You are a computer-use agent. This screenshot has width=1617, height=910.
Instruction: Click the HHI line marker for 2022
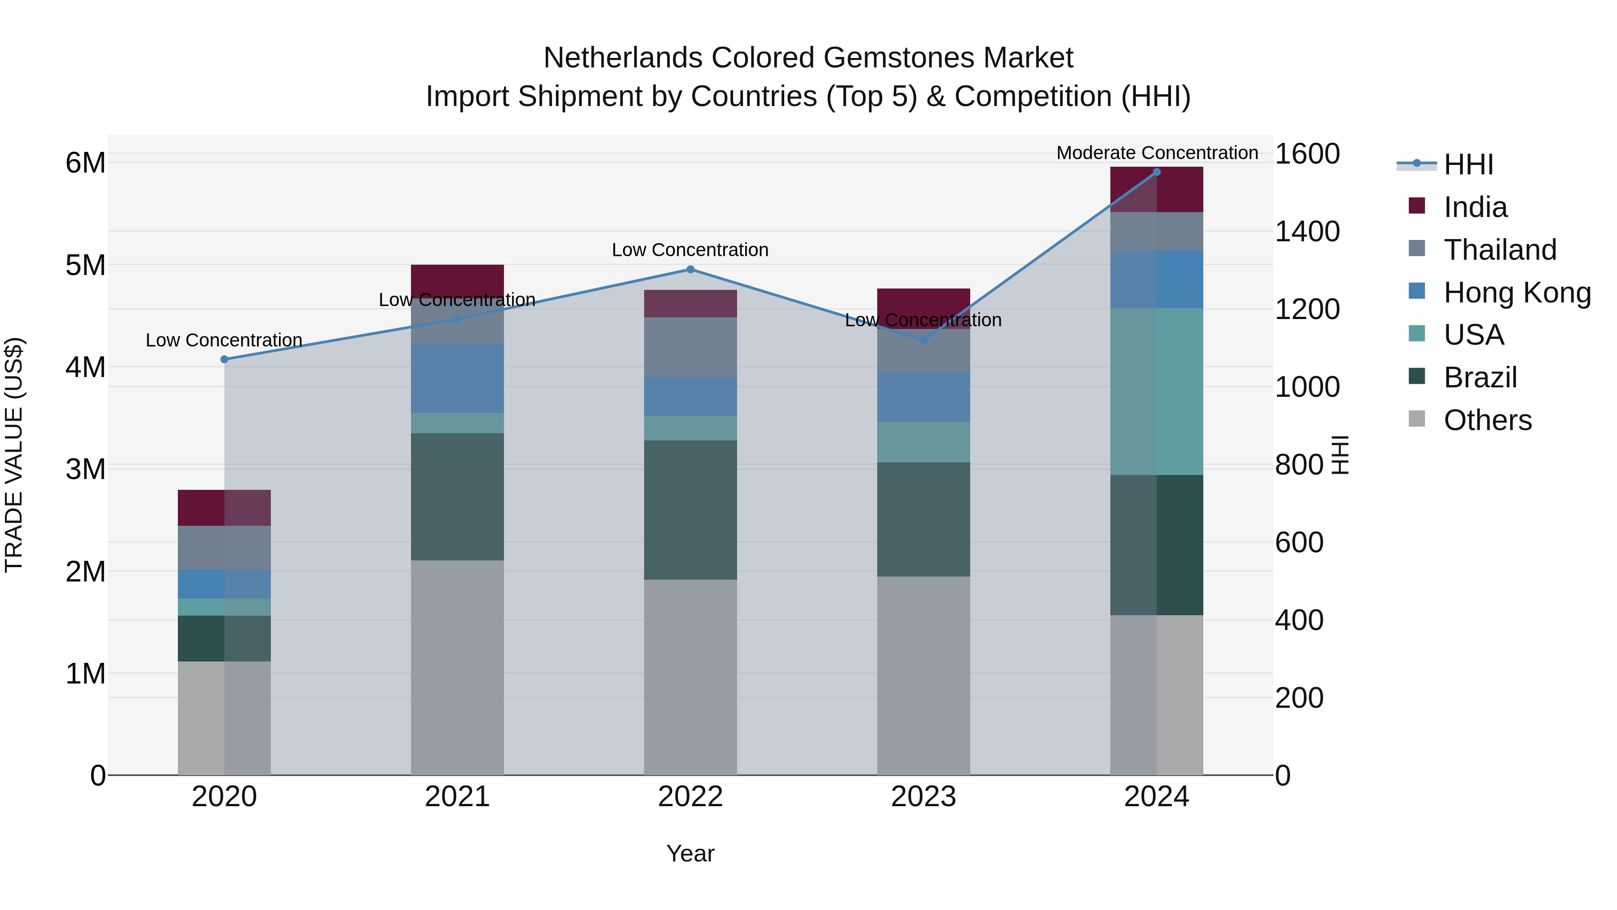point(690,270)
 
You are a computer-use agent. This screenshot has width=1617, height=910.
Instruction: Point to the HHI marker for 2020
point(224,359)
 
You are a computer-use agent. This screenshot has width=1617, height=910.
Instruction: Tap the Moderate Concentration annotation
point(1157,153)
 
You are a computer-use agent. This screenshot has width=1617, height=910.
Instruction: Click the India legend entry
point(1475,207)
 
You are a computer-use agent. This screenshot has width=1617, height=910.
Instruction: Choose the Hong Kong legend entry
point(1516,293)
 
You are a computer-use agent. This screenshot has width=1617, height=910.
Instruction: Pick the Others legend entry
point(1487,420)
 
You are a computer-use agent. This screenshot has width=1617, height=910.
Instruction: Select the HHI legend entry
point(1468,164)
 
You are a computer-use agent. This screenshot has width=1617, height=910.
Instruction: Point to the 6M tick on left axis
point(85,163)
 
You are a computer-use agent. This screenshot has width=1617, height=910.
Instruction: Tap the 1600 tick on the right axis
point(1307,154)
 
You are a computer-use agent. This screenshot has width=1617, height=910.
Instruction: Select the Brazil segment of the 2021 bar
point(457,496)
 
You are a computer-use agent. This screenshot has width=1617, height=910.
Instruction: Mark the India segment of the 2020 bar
point(224,507)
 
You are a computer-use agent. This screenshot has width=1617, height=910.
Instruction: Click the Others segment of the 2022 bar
point(690,677)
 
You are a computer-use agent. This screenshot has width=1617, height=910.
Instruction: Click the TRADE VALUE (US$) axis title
point(14,455)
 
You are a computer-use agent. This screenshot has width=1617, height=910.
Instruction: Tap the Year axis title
point(690,853)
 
